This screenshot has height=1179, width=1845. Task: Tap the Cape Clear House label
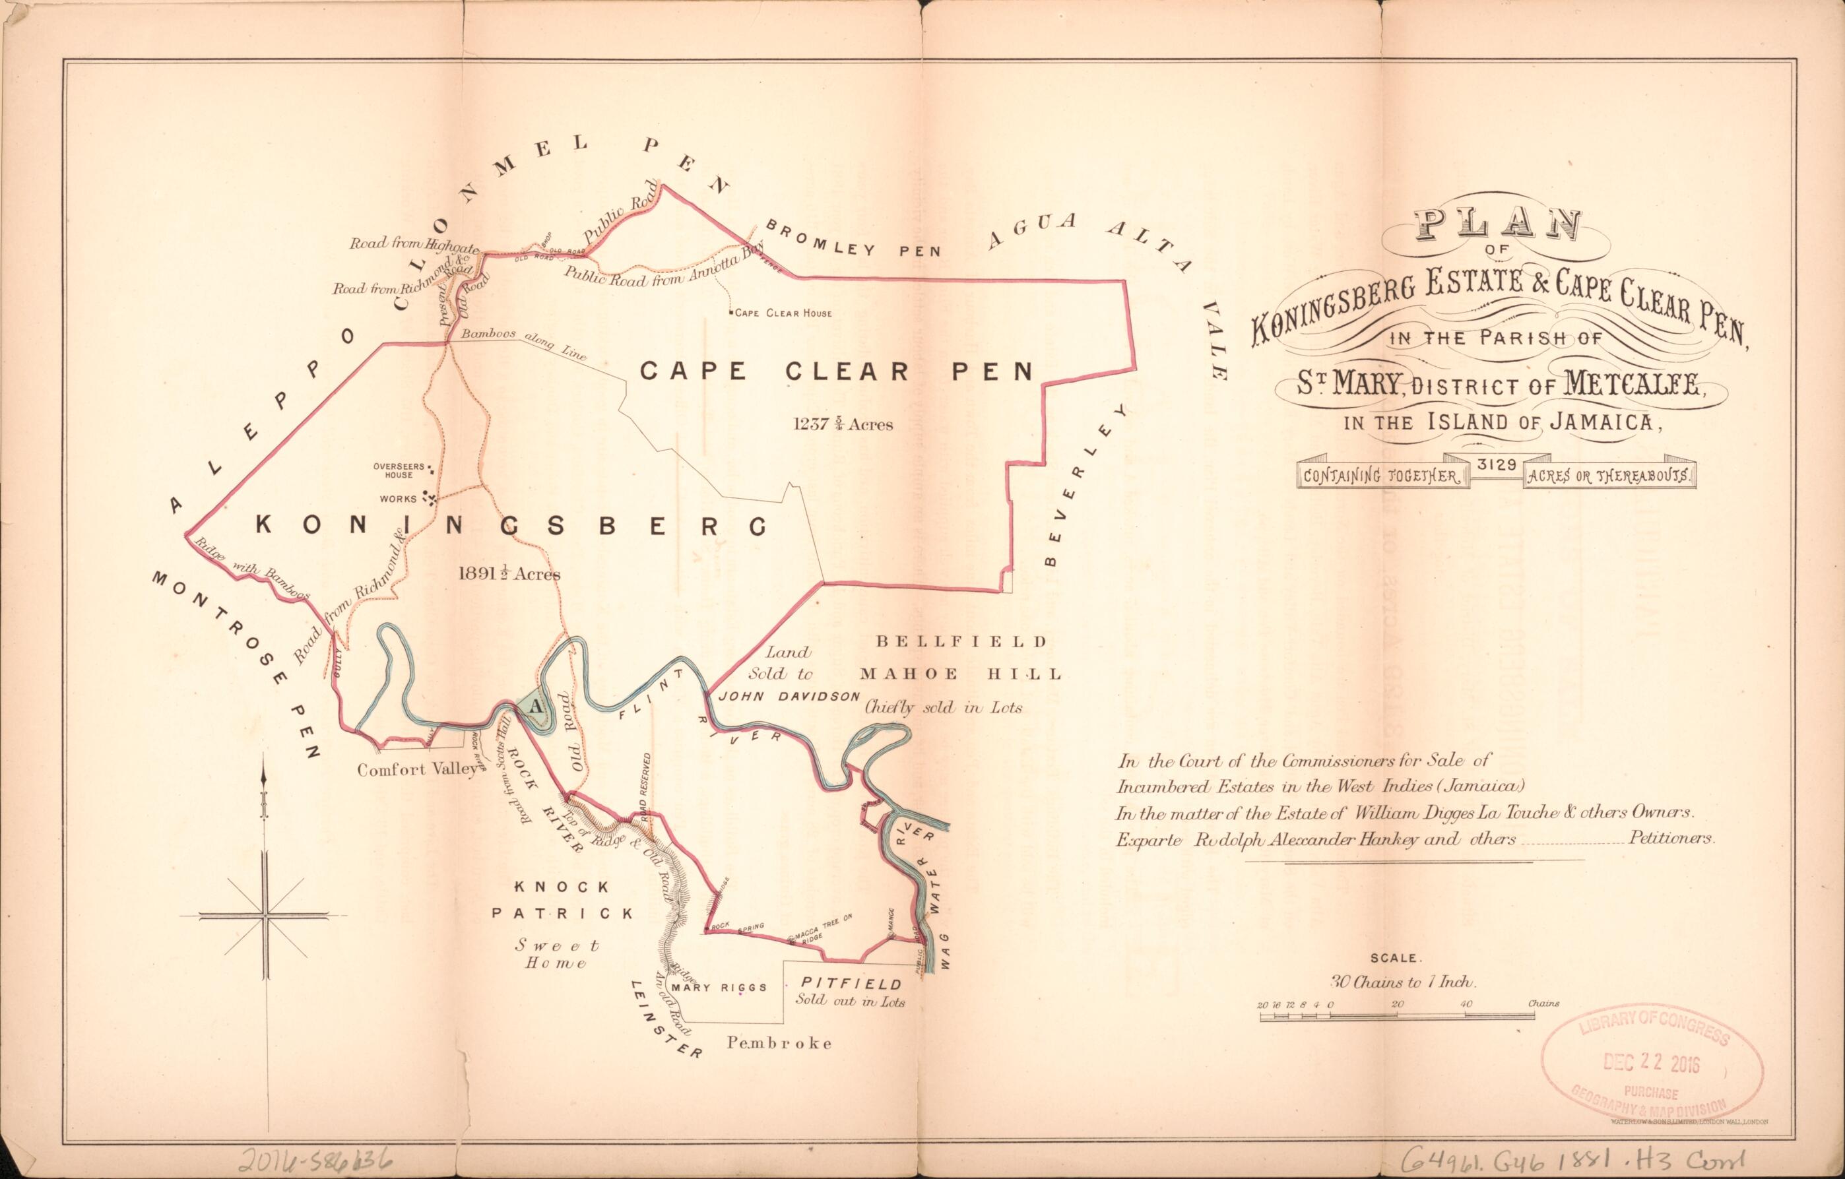pyautogui.click(x=781, y=313)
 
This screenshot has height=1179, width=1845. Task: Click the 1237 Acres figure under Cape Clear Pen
pyautogui.click(x=843, y=424)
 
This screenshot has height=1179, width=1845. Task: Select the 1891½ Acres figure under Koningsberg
pyautogui.click(x=509, y=573)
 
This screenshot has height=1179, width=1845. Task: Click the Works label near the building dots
pyautogui.click(x=399, y=499)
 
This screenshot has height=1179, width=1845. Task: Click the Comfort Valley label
pyautogui.click(x=418, y=770)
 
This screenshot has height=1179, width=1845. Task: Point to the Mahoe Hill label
pyautogui.click(x=961, y=674)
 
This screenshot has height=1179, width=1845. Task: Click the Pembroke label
pyautogui.click(x=779, y=1042)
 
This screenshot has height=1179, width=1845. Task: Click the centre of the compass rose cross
pyautogui.click(x=265, y=914)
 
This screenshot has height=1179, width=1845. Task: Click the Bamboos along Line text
pyautogui.click(x=523, y=346)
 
